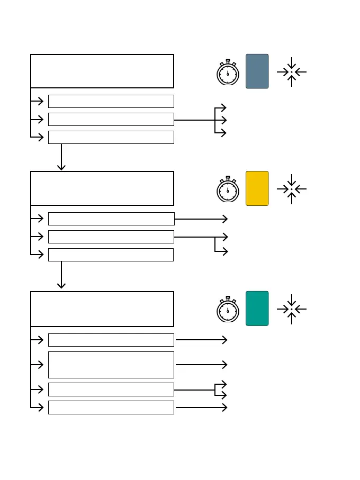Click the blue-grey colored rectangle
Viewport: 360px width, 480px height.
click(x=257, y=71)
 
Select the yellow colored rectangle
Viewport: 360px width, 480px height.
click(x=257, y=188)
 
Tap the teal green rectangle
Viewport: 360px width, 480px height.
click(x=257, y=308)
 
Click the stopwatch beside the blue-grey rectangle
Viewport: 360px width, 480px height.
click(x=228, y=73)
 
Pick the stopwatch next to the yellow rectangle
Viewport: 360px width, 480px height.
click(x=228, y=189)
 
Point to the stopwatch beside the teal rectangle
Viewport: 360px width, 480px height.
click(x=228, y=310)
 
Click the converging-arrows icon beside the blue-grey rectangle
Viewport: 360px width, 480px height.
click(x=292, y=72)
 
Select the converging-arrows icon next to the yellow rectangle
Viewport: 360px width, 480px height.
click(x=292, y=189)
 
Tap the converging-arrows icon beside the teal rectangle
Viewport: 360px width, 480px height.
click(x=292, y=309)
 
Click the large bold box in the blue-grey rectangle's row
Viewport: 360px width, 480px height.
click(x=102, y=71)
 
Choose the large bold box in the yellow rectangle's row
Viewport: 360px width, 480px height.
click(x=102, y=188)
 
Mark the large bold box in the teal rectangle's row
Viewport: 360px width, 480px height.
click(x=102, y=309)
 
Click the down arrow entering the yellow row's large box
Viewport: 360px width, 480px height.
click(x=61, y=157)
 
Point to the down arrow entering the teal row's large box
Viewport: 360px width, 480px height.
click(x=61, y=275)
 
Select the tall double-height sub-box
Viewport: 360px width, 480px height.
click(x=111, y=365)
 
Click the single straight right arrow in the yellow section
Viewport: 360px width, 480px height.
click(x=201, y=219)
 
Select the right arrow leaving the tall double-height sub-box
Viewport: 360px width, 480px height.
click(x=201, y=365)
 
